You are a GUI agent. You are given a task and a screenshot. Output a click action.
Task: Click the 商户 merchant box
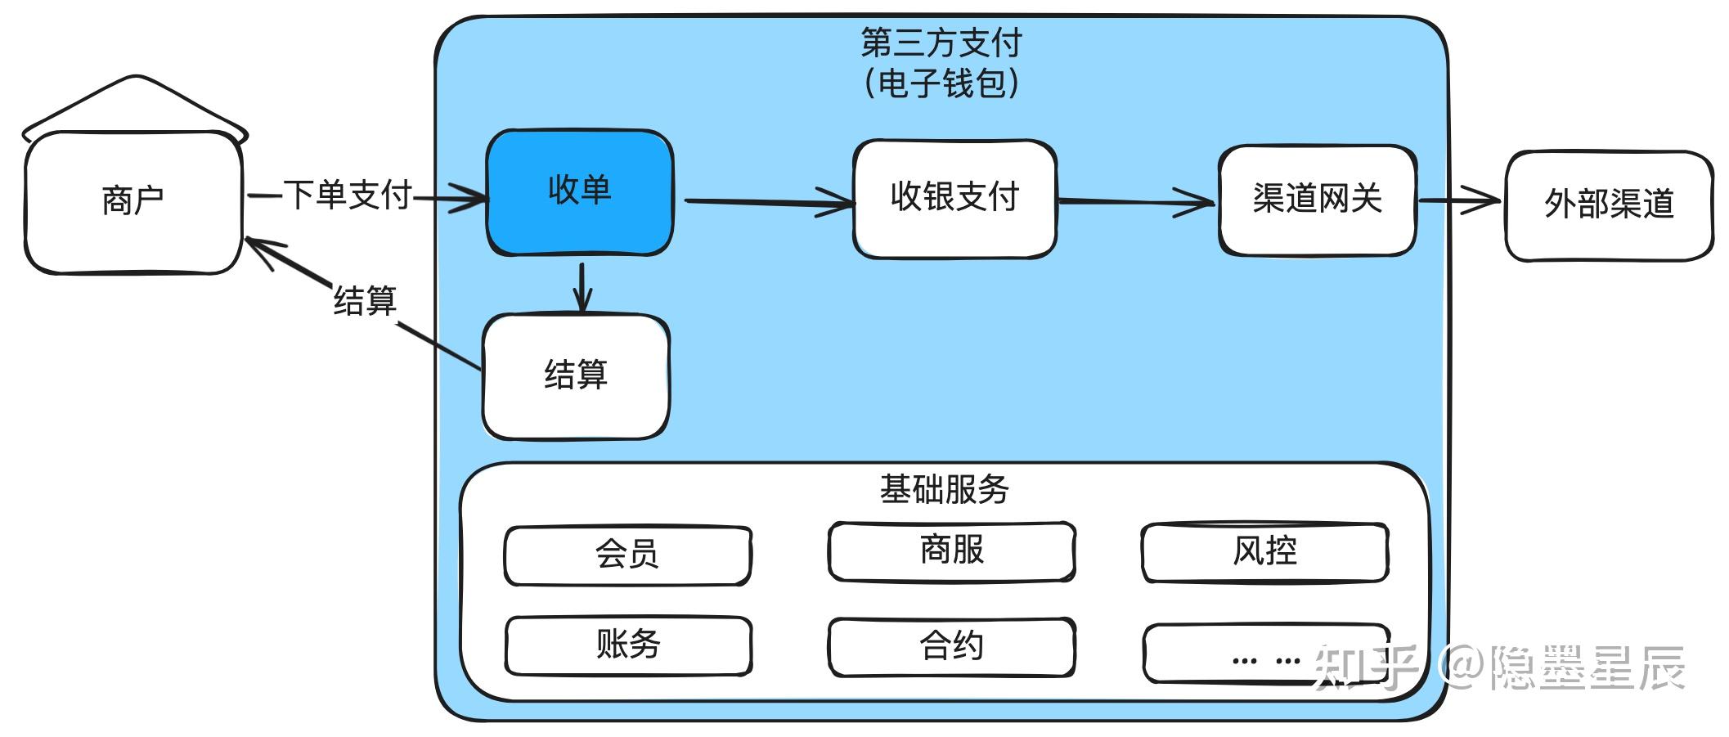coord(133,201)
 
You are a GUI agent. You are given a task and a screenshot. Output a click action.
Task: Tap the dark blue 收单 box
coord(579,191)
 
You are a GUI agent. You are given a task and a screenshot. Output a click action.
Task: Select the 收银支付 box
coord(954,199)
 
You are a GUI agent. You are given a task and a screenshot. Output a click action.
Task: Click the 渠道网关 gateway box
coord(1317,200)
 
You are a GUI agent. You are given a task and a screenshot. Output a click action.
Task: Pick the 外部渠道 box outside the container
coord(1609,205)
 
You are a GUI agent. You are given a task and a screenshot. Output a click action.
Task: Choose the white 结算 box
coord(576,376)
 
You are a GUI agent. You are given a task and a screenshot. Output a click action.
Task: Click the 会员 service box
coord(627,555)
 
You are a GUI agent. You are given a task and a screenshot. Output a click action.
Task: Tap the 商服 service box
coord(951,551)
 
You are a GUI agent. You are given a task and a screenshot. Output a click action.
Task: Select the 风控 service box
coord(1264,552)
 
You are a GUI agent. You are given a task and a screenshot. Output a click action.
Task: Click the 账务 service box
coord(627,645)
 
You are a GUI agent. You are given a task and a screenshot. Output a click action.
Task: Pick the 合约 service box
coord(951,647)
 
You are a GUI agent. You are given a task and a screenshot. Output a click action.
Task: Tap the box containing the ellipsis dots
coord(1265,654)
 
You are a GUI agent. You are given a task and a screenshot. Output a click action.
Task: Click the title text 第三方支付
coord(941,43)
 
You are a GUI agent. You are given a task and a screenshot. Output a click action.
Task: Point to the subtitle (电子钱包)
coord(941,83)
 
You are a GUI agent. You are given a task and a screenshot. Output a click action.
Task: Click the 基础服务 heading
coord(944,490)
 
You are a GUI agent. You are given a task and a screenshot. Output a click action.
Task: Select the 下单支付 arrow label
coord(347,195)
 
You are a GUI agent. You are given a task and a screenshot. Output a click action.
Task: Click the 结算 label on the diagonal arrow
coord(365,301)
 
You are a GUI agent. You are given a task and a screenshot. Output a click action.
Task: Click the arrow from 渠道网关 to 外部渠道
coord(1460,200)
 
